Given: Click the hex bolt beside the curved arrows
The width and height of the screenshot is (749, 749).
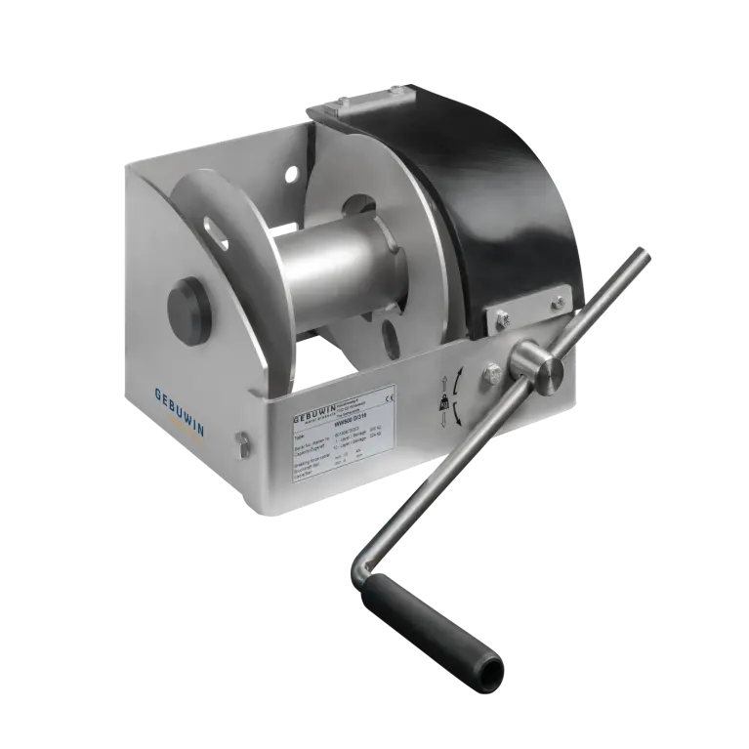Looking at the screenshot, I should pyautogui.click(x=491, y=372).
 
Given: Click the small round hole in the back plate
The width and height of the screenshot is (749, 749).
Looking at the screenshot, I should pyautogui.click(x=291, y=174).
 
